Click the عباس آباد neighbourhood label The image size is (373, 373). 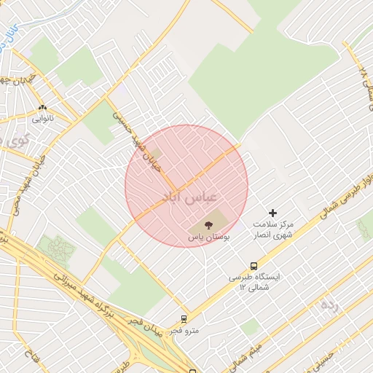click(188, 197)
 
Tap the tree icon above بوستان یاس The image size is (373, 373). click(210, 224)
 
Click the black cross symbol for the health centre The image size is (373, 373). click(273, 213)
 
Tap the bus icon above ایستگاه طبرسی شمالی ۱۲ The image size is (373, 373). click(254, 266)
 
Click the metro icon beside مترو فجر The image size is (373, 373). click(184, 318)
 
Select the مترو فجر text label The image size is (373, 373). click(181, 331)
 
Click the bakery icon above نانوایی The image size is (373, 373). click(43, 106)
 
